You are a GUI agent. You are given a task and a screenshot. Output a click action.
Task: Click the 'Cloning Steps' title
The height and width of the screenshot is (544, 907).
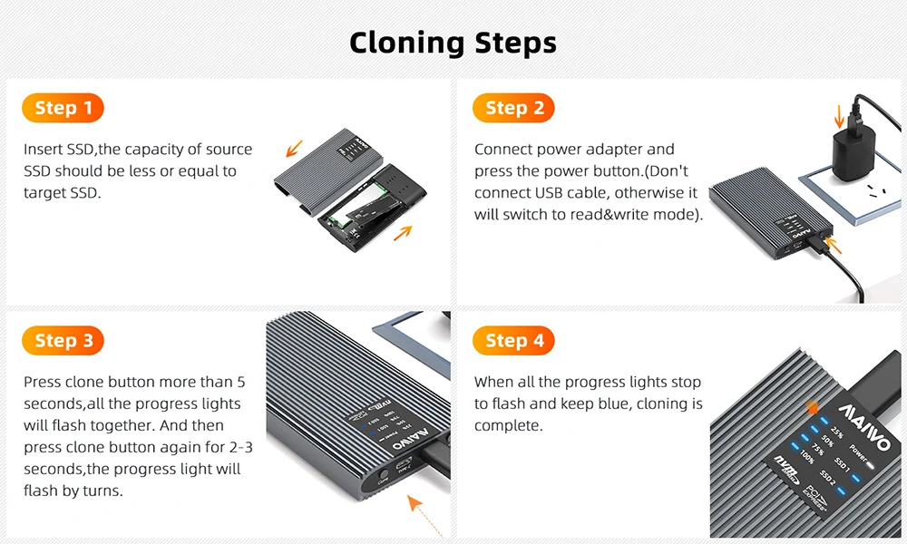tap(453, 43)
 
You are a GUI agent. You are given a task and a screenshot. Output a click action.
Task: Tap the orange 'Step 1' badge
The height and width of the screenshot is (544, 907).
tap(63, 108)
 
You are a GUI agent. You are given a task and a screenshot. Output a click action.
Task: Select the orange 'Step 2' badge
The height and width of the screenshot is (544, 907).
tap(513, 108)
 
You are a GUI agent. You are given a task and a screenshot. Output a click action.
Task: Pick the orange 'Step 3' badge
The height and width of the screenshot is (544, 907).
tap(63, 341)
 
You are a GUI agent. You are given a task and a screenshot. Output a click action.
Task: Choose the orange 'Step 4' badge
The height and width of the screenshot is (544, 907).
tap(513, 341)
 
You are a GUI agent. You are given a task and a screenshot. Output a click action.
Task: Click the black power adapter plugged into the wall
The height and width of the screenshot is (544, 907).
tap(853, 151)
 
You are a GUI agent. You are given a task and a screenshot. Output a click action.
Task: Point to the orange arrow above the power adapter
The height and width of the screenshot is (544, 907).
tap(839, 117)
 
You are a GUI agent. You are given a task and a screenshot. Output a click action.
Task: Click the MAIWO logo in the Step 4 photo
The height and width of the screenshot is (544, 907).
tap(864, 428)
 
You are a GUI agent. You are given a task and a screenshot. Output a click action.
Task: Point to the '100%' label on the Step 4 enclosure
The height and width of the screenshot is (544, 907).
tap(806, 456)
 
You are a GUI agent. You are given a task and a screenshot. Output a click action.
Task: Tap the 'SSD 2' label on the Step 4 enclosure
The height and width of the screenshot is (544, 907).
tap(828, 477)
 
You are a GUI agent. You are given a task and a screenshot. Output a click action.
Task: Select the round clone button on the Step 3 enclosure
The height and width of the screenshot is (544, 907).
tap(382, 476)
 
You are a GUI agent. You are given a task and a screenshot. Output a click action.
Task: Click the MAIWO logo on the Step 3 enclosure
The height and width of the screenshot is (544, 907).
tap(410, 439)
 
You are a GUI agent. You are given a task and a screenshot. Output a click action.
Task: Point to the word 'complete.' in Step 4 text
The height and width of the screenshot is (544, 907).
tap(509, 426)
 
